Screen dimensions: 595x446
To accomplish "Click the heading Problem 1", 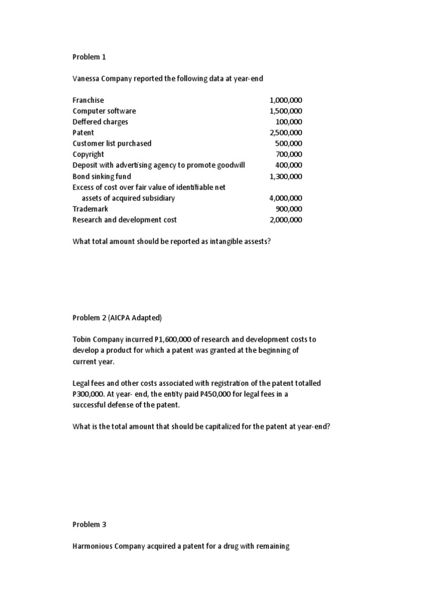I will (89, 57).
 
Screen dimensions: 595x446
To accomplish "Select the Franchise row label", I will (88, 100).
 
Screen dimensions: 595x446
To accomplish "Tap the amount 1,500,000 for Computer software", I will (286, 111).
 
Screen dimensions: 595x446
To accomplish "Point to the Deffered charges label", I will (100, 122).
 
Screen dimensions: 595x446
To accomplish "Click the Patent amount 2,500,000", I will (286, 132).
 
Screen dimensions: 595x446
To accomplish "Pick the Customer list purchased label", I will (111, 144).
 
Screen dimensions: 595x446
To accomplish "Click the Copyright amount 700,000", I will (289, 154).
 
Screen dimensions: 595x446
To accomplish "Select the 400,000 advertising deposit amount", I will (289, 165).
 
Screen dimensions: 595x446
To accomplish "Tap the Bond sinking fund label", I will (102, 176).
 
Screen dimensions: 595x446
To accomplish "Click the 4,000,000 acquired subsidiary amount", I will (286, 198).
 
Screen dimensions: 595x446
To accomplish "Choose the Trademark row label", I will (90, 209).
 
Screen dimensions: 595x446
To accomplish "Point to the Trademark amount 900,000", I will (289, 209).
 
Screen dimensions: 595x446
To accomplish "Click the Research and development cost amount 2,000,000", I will (286, 220).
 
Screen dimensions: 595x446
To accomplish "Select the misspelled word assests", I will (255, 241).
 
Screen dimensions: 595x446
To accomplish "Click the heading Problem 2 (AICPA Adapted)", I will (117, 317).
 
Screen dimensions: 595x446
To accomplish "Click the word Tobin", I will (82, 339).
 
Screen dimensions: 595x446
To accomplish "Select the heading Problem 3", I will (89, 524).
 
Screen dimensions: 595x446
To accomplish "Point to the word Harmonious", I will (92, 546).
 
